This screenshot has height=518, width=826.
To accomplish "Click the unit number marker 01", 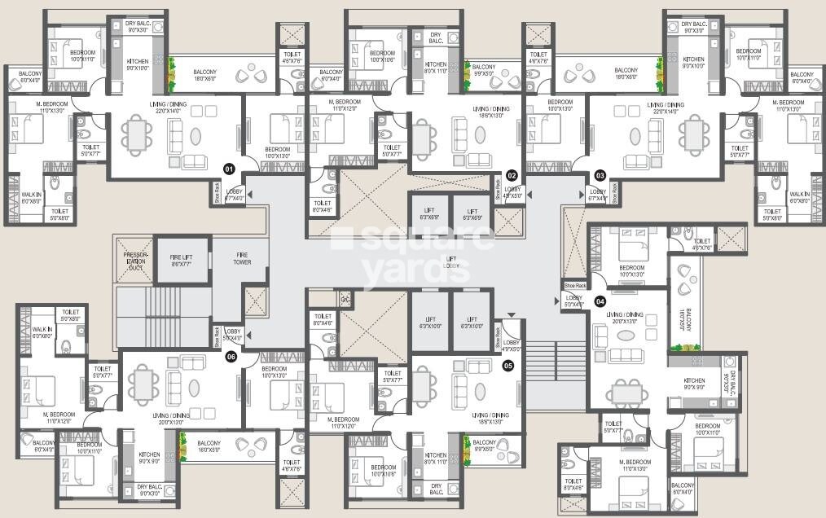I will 230,169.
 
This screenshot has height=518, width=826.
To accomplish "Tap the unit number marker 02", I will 512,174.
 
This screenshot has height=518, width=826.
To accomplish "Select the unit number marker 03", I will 600,174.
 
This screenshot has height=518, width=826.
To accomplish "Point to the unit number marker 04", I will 600,301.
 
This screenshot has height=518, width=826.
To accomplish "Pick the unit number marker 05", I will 508,366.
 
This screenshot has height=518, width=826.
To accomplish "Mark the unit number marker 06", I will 231,356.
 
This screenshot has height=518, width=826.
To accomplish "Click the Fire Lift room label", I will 180,260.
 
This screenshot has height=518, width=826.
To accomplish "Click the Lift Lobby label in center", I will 450,262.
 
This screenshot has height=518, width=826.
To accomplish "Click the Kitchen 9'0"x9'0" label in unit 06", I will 148,459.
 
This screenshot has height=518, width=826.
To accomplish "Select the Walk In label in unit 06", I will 42,332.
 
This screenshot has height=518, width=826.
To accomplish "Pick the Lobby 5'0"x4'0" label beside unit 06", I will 233,334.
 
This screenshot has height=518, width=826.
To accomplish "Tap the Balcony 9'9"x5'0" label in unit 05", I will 484,446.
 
